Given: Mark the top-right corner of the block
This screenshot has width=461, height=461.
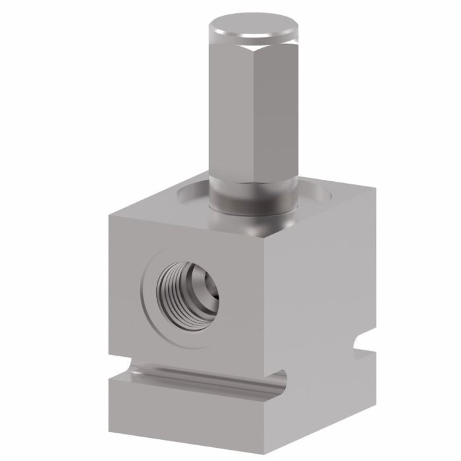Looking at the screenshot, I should point(375,187).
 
